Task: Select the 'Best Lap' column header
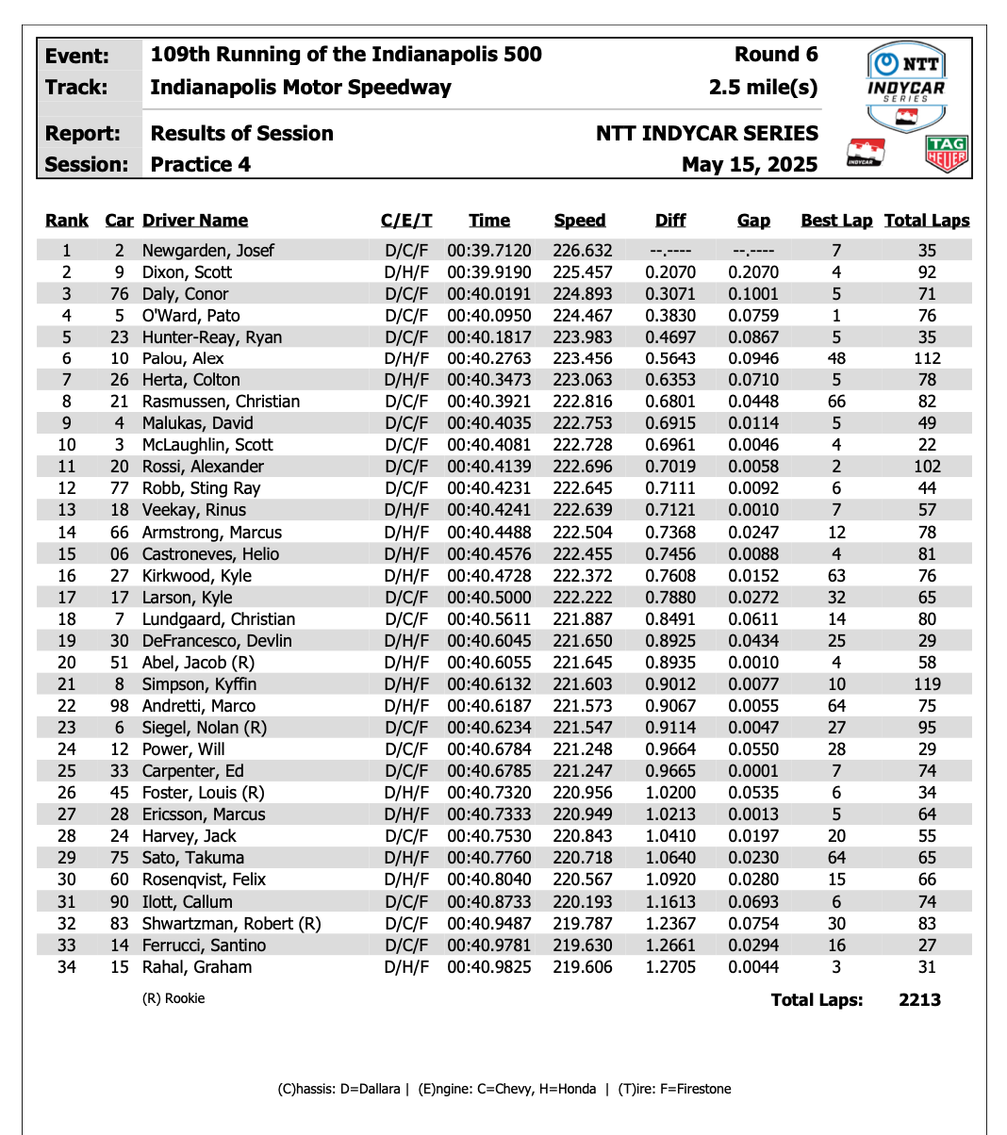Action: click(836, 221)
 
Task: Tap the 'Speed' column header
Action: click(580, 221)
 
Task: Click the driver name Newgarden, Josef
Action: click(208, 251)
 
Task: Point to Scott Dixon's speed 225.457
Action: click(583, 272)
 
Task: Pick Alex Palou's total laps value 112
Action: click(927, 358)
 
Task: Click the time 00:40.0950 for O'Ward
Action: click(489, 316)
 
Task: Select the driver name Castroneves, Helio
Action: click(210, 554)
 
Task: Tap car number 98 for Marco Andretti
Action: click(119, 706)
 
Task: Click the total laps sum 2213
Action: click(919, 1000)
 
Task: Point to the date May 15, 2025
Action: click(750, 165)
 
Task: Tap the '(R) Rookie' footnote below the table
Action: click(173, 998)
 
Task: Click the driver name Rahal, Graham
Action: click(197, 967)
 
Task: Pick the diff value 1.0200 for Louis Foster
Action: click(670, 793)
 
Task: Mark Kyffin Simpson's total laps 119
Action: click(927, 684)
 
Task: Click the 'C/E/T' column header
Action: click(406, 221)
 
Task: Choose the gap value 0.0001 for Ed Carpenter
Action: click(753, 771)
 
